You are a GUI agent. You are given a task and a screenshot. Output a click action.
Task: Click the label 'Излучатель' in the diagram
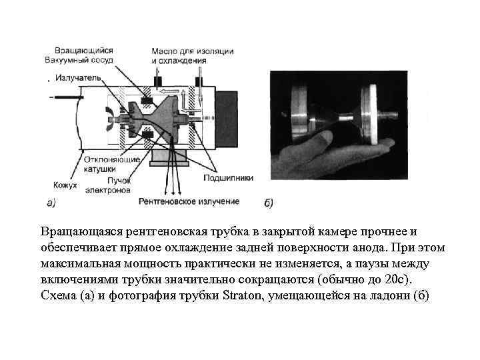pyautogui.click(x=79, y=78)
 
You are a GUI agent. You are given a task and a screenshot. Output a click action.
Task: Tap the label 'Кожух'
pyautogui.click(x=65, y=185)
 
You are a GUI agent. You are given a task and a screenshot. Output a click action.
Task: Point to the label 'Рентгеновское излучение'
pyautogui.click(x=189, y=201)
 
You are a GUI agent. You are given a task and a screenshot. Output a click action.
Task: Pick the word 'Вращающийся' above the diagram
pyautogui.click(x=85, y=50)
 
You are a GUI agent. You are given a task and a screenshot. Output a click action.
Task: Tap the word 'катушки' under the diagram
pyautogui.click(x=100, y=169)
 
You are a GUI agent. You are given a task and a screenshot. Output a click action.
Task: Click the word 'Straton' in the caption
pyautogui.click(x=244, y=296)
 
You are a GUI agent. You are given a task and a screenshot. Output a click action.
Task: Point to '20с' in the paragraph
pyautogui.click(x=409, y=280)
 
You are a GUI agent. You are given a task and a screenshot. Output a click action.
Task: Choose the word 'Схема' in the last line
pyautogui.click(x=57, y=296)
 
